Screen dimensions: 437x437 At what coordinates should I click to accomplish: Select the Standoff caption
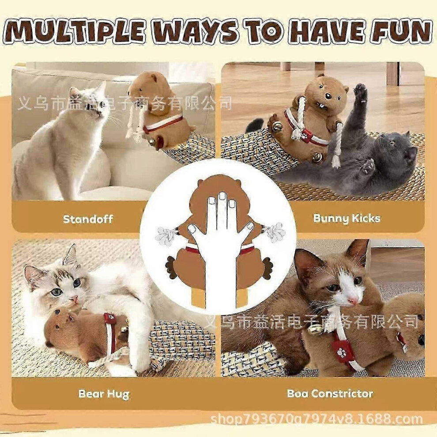coord(88,219)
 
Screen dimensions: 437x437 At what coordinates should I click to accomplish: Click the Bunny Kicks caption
coord(347,218)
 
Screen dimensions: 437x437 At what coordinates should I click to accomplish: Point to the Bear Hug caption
coord(104,394)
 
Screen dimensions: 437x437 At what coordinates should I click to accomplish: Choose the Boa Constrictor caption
coord(330,394)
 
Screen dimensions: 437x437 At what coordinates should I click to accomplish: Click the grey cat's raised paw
coord(361,92)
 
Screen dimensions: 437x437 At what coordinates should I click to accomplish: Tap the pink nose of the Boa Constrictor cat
coord(353,301)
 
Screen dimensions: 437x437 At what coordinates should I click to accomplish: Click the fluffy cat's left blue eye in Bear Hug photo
coord(57,292)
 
